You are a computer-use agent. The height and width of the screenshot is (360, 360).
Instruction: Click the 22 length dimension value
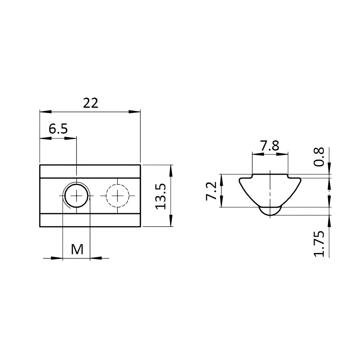click(91, 103)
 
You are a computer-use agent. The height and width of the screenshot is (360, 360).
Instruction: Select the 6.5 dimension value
click(58, 129)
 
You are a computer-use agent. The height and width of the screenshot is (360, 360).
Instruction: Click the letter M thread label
click(77, 249)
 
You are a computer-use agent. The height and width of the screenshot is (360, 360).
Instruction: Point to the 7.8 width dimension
click(270, 146)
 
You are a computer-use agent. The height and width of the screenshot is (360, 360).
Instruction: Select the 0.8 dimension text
click(319, 157)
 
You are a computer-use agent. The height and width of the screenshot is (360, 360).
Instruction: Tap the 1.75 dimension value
click(319, 244)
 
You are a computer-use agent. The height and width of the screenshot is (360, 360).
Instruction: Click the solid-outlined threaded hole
click(76, 195)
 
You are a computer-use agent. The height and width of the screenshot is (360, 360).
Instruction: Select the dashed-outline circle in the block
click(117, 195)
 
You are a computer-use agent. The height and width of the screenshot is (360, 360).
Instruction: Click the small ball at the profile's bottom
click(270, 211)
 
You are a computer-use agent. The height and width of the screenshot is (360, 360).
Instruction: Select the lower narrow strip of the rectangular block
click(90, 220)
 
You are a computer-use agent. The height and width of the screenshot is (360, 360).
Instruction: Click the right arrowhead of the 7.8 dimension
click(283, 154)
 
